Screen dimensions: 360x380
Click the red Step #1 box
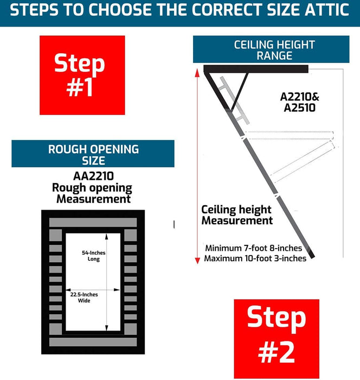click(x=82, y=75)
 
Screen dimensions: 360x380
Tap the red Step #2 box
click(x=277, y=339)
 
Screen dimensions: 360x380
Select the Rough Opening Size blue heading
click(x=93, y=154)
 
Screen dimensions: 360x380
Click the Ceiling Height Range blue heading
click(x=271, y=49)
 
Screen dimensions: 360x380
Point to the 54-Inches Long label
click(x=94, y=256)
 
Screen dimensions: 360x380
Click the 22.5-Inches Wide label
click(x=84, y=297)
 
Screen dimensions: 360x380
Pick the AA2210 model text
click(x=93, y=176)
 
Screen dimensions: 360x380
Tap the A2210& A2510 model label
click(x=300, y=102)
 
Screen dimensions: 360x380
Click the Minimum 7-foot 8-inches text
click(x=254, y=248)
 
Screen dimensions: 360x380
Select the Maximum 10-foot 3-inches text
click(x=255, y=258)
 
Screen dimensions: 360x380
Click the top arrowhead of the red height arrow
click(x=197, y=72)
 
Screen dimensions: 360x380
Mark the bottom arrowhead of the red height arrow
click(x=197, y=260)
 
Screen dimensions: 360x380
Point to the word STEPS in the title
click(x=34, y=10)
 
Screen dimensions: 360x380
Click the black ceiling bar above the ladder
click(x=256, y=69)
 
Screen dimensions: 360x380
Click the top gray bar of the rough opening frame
click(x=93, y=223)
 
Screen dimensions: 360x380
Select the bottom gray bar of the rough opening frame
click(x=93, y=342)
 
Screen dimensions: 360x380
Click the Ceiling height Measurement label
click(x=237, y=215)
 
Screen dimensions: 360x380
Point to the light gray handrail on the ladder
click(x=234, y=100)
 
